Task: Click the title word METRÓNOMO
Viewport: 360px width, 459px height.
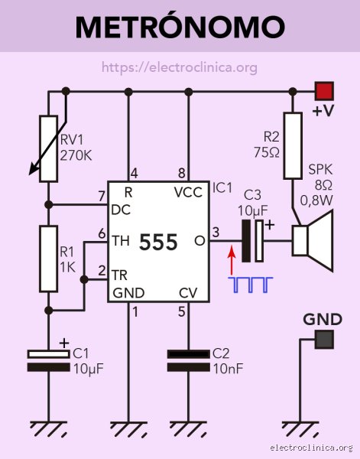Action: (180, 26)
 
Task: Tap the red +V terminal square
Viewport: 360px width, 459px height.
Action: (324, 91)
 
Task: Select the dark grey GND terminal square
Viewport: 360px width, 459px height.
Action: (324, 339)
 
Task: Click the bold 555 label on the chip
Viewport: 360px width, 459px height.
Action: (158, 242)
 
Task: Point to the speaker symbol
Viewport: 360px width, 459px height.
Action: (313, 241)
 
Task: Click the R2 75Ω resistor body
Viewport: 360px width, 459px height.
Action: (293, 145)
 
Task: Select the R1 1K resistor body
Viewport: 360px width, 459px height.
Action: (49, 259)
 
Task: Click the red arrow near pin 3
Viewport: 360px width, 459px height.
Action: (232, 259)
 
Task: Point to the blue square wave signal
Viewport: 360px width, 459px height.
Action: (251, 285)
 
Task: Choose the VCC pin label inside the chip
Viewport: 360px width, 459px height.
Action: (188, 192)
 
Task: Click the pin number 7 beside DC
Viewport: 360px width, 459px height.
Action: (102, 196)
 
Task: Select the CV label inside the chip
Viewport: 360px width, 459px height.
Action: (188, 293)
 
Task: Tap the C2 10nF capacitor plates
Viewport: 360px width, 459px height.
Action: (188, 360)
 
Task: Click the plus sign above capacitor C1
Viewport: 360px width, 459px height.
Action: (64, 343)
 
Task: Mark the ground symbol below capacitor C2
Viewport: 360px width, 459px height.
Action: (188, 428)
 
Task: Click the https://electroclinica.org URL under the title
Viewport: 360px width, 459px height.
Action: (180, 67)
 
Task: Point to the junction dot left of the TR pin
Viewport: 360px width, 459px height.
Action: (84, 279)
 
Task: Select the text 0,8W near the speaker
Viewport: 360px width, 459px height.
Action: (316, 200)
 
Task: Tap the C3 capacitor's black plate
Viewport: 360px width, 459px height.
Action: (246, 241)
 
